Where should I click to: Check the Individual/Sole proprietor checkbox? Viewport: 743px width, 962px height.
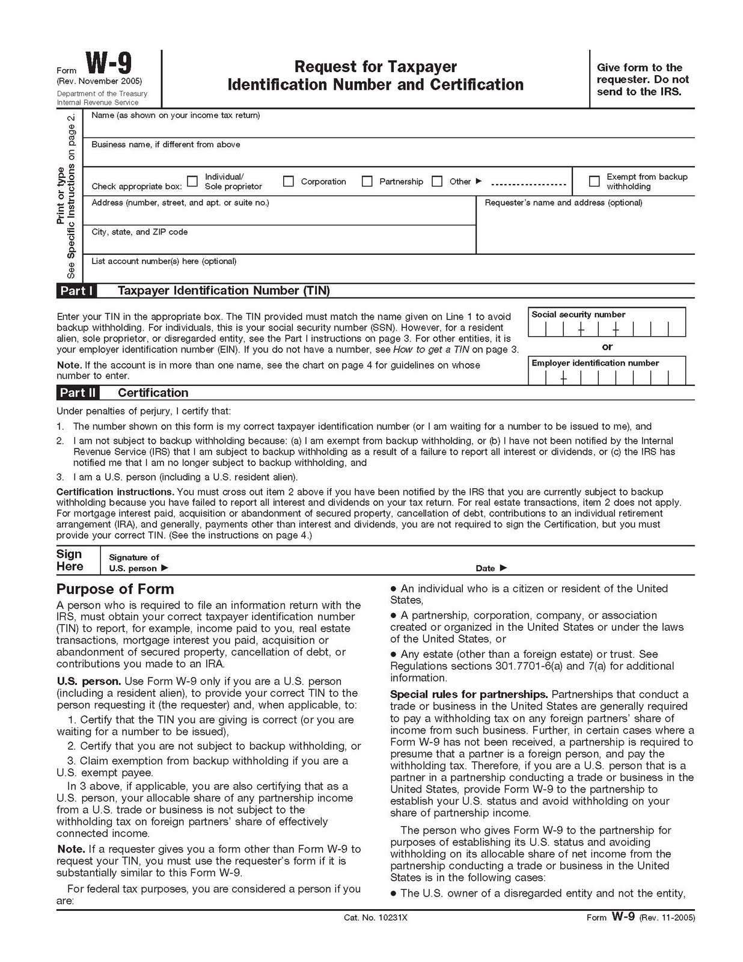pos(192,181)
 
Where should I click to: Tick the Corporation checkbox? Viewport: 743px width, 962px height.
pos(289,181)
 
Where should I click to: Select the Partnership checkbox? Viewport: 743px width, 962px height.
pos(367,181)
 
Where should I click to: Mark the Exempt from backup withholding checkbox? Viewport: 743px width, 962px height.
pos(594,181)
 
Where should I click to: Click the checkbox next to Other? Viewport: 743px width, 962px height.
pos(437,181)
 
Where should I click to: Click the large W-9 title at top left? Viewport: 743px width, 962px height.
pos(108,64)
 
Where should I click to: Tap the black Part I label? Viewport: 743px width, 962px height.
pos(76,291)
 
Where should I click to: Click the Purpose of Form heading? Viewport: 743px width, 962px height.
pos(115,589)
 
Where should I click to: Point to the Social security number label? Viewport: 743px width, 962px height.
pos(578,314)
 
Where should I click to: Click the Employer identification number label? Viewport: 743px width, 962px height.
pos(595,363)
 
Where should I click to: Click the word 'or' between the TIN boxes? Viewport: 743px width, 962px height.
pos(607,347)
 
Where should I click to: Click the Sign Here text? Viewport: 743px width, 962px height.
pos(70,560)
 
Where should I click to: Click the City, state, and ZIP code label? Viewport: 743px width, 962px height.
pos(139,232)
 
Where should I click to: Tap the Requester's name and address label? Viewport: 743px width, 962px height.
pos(563,203)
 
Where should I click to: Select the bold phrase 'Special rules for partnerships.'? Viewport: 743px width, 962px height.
pos(468,694)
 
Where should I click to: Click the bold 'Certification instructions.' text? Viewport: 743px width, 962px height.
pos(115,492)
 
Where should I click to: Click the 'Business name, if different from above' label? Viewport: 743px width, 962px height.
pos(166,145)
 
